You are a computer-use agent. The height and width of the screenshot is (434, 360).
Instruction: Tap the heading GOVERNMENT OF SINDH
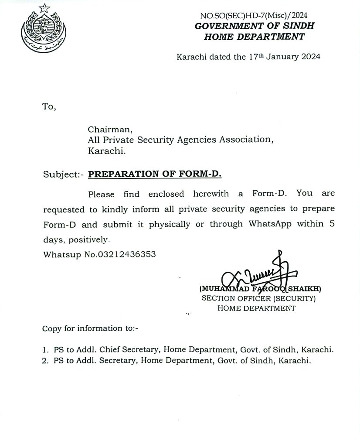254,26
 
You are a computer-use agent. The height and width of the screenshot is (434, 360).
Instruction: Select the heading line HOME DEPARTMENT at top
254,37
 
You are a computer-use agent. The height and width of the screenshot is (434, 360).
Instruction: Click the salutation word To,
49,106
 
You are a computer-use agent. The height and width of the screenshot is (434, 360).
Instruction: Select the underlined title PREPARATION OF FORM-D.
155,174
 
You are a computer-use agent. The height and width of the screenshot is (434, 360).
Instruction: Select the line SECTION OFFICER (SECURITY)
258,299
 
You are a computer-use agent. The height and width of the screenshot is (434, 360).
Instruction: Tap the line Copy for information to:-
90,328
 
